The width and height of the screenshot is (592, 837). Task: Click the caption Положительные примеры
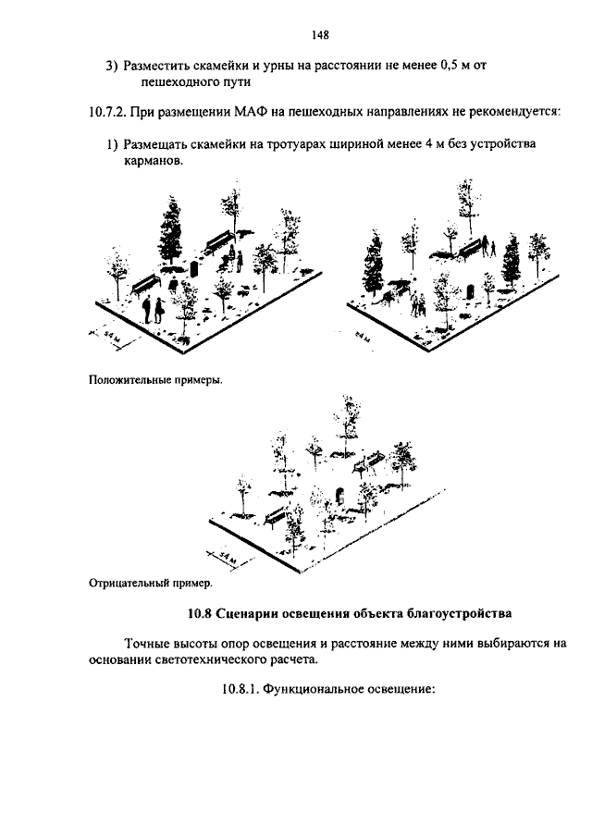pyautogui.click(x=155, y=379)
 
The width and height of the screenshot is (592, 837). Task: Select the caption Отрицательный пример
pyautogui.click(x=150, y=584)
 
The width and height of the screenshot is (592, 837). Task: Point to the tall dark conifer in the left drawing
pyautogui.click(x=170, y=231)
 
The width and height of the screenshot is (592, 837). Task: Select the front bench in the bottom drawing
pyautogui.click(x=277, y=514)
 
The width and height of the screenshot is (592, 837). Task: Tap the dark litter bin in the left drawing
pyautogui.click(x=195, y=269)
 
